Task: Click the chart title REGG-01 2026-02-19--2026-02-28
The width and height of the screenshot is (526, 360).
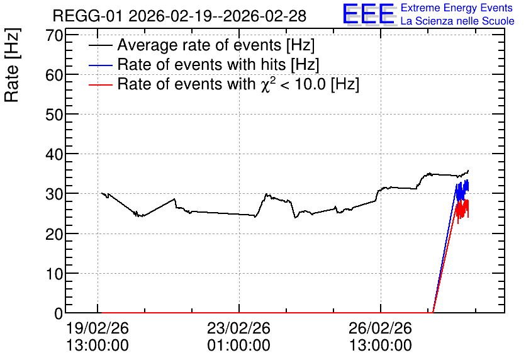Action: point(179,16)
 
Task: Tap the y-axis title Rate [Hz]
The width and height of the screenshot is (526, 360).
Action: point(12,65)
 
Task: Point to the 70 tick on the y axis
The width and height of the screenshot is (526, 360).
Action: point(54,35)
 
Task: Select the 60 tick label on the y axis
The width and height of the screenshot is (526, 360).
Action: point(54,75)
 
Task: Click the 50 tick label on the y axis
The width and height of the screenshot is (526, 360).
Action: point(54,115)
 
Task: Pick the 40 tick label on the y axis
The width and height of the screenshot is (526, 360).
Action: point(54,154)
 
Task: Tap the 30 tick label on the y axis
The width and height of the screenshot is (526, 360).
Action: point(54,194)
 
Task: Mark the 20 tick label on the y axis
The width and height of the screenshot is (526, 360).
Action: point(54,234)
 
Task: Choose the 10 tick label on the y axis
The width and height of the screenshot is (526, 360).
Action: point(54,273)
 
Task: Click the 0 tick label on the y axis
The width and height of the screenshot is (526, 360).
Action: point(59,313)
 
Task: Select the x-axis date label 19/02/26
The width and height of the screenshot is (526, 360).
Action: point(98,328)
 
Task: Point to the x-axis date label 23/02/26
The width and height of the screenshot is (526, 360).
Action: point(239,328)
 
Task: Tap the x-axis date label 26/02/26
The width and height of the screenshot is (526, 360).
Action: point(381,328)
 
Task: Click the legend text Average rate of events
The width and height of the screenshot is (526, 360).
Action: point(199,45)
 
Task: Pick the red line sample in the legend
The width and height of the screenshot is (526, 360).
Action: point(100,85)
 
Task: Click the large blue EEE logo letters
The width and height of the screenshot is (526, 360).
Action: point(368,14)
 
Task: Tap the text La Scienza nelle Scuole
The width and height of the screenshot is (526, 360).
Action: point(457,21)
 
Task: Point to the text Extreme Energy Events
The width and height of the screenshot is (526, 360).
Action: point(457,8)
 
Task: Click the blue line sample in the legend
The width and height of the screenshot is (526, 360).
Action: point(100,65)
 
